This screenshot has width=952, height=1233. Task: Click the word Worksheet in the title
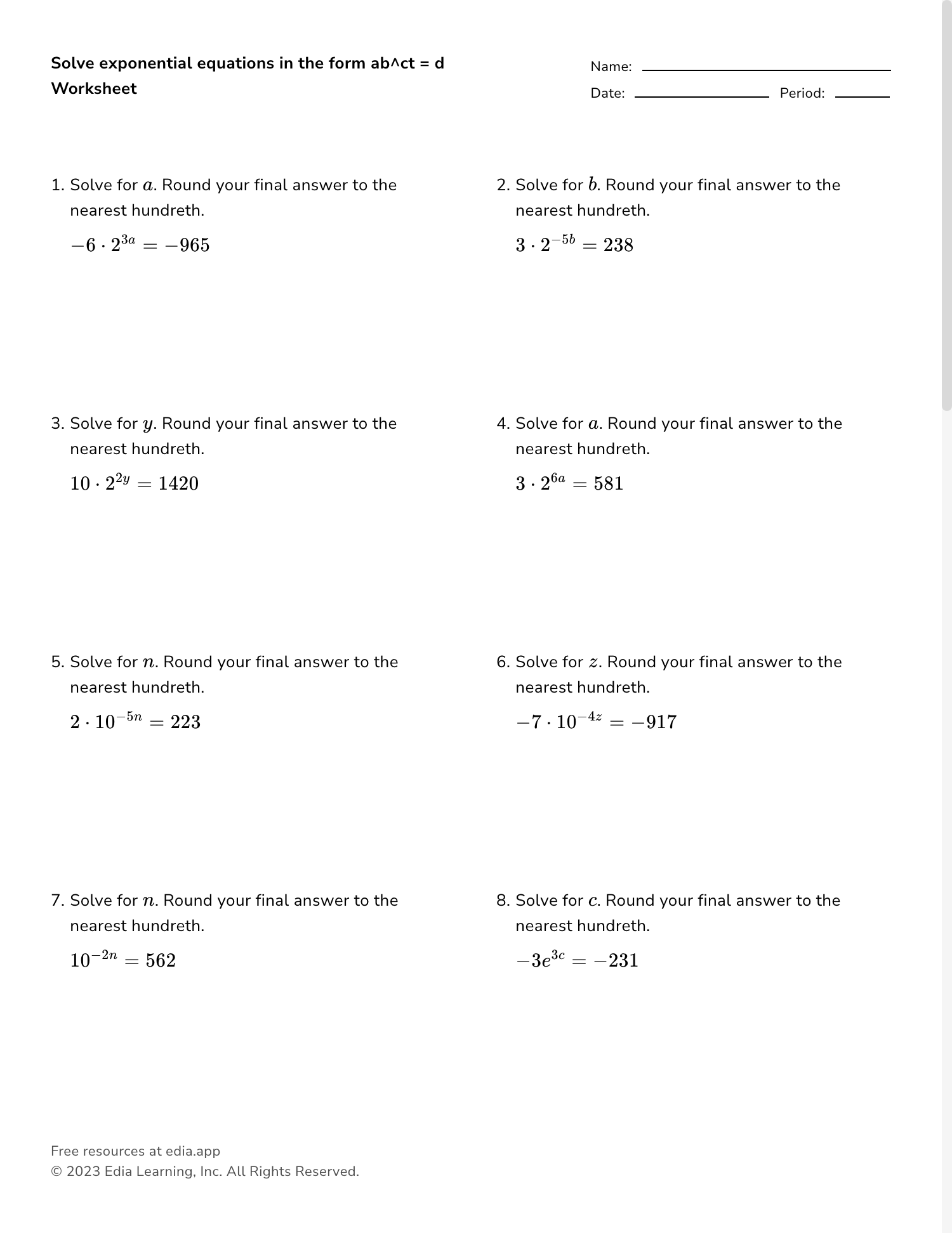point(94,89)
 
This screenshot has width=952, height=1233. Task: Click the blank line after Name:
point(766,70)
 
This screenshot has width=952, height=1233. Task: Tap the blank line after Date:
point(701,96)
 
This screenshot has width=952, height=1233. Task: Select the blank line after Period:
point(862,96)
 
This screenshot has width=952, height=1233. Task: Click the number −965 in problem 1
point(187,245)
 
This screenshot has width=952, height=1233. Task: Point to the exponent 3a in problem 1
point(128,240)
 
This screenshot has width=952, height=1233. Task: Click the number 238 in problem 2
point(618,245)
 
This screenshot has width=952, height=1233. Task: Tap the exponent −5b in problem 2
point(563,240)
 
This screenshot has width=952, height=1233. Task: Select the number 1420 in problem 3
point(178,484)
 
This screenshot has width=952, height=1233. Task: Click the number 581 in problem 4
point(609,484)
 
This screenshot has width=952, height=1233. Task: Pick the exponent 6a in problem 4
point(558,478)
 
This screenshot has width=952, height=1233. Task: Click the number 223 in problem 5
point(185,722)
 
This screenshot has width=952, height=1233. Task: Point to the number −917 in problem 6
point(654,722)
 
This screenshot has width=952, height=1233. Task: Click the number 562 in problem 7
point(161,961)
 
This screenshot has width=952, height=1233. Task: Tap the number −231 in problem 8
point(616,961)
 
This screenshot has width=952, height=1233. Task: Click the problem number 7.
point(56,901)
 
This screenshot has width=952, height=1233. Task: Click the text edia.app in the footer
point(193,1151)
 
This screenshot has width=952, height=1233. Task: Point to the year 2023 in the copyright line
point(83,1171)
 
